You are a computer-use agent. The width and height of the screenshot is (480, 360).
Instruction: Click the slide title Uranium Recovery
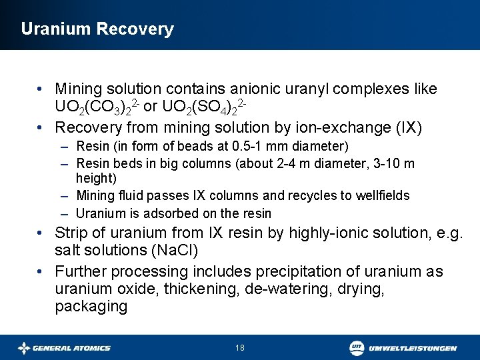[x=97, y=29]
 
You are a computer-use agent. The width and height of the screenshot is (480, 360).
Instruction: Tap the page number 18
[x=240, y=348]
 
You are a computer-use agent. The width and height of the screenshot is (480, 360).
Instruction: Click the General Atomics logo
[x=64, y=348]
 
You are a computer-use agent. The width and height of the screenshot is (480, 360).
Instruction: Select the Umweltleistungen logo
[x=403, y=348]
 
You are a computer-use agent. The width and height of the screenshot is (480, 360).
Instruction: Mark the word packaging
[x=91, y=306]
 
